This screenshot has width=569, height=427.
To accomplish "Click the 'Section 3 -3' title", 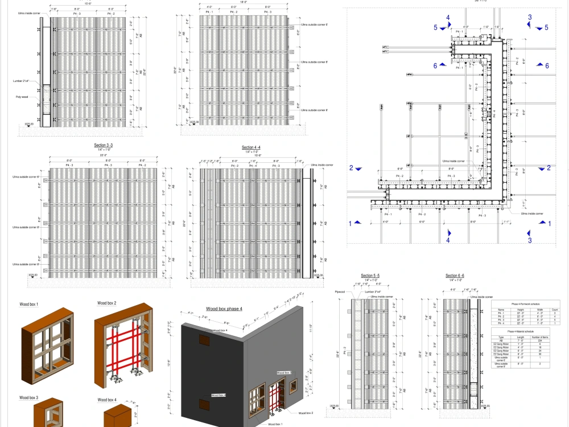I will tap(103, 145).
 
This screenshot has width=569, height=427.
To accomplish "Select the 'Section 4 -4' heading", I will tap(251, 147).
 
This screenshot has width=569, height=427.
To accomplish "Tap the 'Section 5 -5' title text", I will tap(370, 276).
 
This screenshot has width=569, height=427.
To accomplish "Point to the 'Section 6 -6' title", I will tap(455, 276).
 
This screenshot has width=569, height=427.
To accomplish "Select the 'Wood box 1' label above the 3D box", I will tap(29, 305).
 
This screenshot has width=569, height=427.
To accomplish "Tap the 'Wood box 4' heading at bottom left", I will tap(107, 400).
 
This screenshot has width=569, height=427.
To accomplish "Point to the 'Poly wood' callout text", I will tap(22, 97).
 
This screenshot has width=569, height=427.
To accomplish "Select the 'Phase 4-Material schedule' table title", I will tap(520, 330).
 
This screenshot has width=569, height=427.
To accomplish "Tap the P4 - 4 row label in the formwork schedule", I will tap(501, 323).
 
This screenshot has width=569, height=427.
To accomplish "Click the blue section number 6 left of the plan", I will tap(435, 66).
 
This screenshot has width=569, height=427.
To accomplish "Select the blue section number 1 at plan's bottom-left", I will tap(351, 223).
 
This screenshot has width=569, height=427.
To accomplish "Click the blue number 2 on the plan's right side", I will tap(549, 168).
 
